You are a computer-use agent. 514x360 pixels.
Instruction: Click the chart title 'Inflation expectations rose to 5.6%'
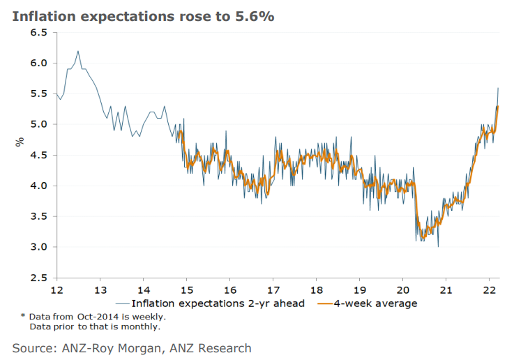pyautogui.click(x=142, y=16)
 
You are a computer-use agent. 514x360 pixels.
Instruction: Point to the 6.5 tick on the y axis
pyautogui.click(x=39, y=33)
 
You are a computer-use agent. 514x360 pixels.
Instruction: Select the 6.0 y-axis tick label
pyautogui.click(x=39, y=63)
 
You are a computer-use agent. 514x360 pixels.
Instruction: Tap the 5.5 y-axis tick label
pyautogui.click(x=39, y=94)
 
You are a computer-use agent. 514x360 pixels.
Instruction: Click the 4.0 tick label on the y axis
pyautogui.click(x=39, y=186)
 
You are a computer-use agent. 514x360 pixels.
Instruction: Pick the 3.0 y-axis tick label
pyautogui.click(x=39, y=247)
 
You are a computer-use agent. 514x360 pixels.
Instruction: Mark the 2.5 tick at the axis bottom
pyautogui.click(x=39, y=278)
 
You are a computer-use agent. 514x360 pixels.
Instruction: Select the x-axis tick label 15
pyautogui.click(x=186, y=290)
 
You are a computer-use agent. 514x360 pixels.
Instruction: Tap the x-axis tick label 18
pyautogui.click(x=316, y=290)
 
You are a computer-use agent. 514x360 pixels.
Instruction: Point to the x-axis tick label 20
pyautogui.click(x=402, y=290)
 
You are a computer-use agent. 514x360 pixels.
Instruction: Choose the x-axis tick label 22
pyautogui.click(x=489, y=290)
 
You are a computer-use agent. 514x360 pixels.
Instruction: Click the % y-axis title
pyautogui.click(x=20, y=142)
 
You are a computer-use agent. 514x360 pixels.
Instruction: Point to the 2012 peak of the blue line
pyautogui.click(x=78, y=51)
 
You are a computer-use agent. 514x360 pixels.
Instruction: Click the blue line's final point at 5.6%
pyautogui.click(x=497, y=88)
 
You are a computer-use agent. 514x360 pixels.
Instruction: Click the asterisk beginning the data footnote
pyautogui.click(x=22, y=317)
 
